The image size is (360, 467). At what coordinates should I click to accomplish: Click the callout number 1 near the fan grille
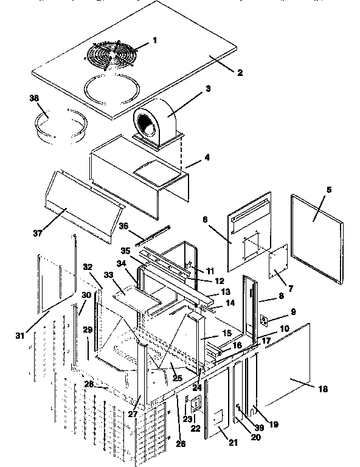pyautogui.click(x=154, y=40)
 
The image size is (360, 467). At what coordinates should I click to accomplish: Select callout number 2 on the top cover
pyautogui.click(x=240, y=72)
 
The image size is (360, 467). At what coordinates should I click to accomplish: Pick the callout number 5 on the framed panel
pyautogui.click(x=328, y=189)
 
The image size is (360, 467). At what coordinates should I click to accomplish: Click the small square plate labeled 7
pyautogui.click(x=277, y=261)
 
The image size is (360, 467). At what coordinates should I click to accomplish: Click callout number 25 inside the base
pyautogui.click(x=178, y=379)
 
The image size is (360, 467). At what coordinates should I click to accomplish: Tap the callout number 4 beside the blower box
pyautogui.click(x=207, y=156)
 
